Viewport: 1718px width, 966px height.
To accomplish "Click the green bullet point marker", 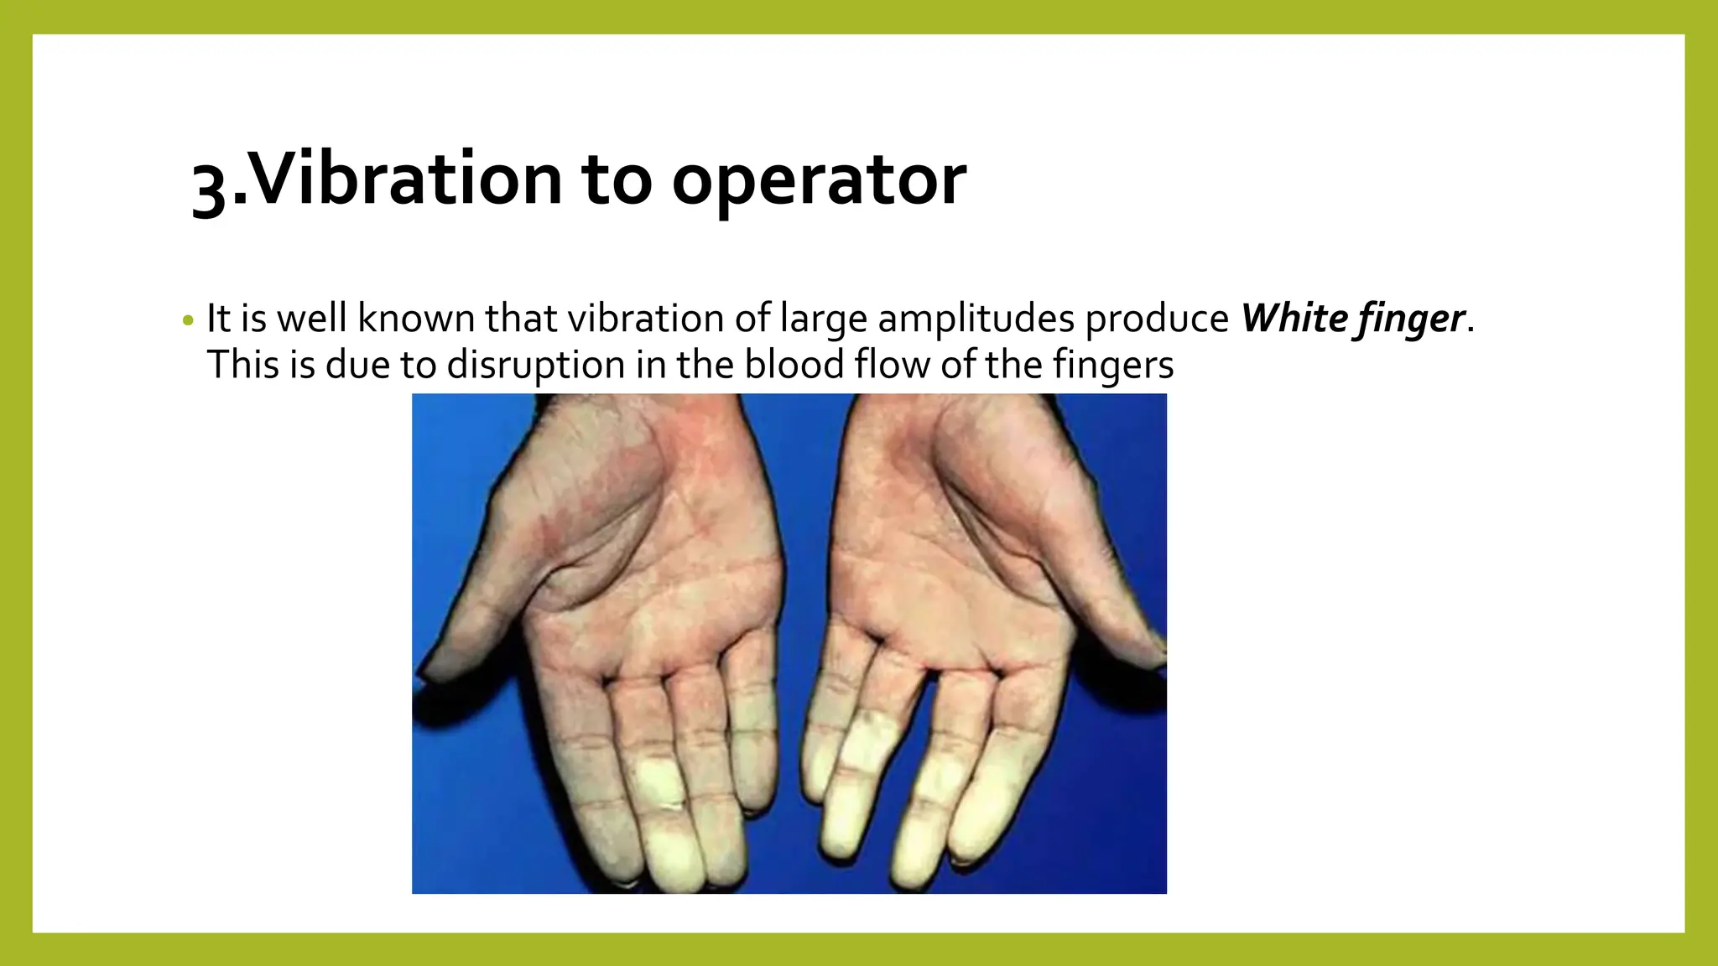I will [188, 320].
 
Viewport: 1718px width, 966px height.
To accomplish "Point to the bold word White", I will [1294, 319].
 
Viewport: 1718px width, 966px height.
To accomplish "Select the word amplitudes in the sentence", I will [976, 319].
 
